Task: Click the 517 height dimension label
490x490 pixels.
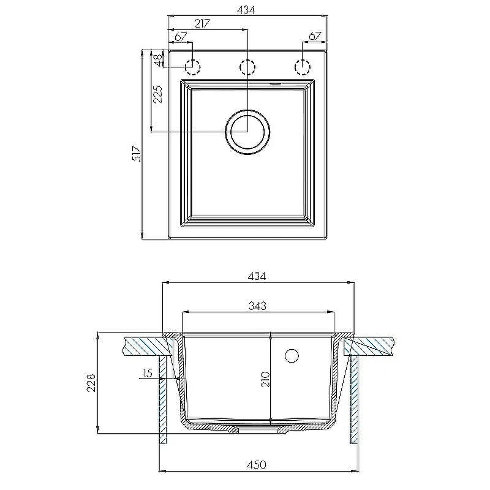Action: tap(137, 154)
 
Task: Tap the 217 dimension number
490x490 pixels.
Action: tap(203, 23)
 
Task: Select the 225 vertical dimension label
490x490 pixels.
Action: tap(158, 94)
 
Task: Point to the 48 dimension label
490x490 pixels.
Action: tap(159, 60)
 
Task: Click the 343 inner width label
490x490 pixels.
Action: tap(257, 306)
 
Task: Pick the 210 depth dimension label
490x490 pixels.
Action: tap(265, 379)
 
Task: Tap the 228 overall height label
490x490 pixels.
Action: tap(91, 383)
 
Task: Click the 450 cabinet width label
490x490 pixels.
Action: tap(256, 465)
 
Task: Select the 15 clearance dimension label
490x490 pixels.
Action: tap(147, 373)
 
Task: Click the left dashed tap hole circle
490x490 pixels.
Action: tap(192, 67)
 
